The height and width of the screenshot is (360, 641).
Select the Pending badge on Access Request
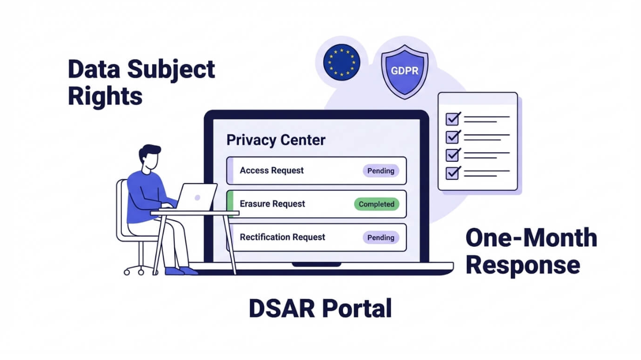(381, 171)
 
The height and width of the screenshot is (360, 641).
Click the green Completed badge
(376, 204)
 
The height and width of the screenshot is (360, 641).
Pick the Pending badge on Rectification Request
(381, 238)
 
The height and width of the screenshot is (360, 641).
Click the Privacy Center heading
(276, 140)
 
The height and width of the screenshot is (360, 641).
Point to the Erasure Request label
(272, 204)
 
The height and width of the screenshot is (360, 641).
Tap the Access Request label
(271, 170)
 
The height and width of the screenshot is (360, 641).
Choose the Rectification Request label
(282, 237)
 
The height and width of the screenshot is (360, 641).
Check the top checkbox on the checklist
(453, 118)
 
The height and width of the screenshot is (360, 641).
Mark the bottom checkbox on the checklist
(453, 173)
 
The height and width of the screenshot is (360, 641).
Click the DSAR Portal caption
(320, 309)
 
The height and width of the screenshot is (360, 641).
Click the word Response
(523, 265)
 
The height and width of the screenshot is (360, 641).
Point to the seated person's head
(150, 158)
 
